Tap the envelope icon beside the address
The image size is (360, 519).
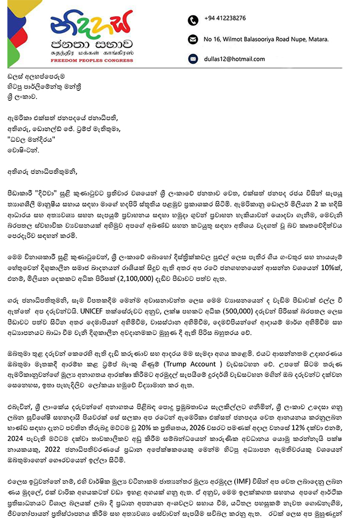193,39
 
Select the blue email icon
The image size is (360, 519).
193,59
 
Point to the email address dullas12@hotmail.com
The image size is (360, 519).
234,59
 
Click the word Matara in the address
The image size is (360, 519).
316,39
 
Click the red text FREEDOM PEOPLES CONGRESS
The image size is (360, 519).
89,58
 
